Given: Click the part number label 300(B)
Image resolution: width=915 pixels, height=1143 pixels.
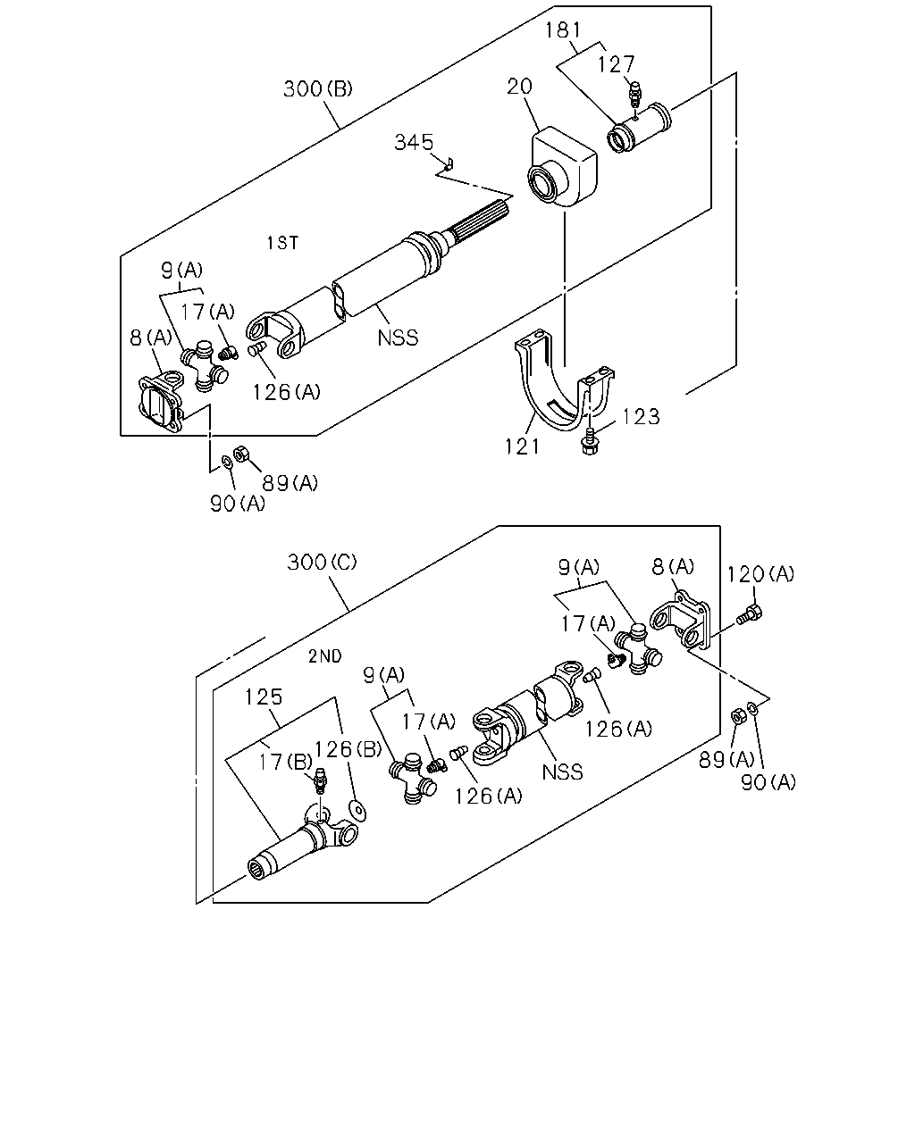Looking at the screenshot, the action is (317, 88).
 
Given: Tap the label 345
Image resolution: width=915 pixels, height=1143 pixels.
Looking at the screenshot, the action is (414, 142).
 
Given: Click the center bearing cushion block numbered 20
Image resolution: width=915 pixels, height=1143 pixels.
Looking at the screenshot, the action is (563, 166).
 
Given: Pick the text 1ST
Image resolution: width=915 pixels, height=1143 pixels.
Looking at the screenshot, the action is (282, 243).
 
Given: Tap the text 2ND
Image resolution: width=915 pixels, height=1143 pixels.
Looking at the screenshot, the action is (325, 656).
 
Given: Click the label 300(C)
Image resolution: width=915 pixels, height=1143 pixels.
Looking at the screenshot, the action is (322, 562).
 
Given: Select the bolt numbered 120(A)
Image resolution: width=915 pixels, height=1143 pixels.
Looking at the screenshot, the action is (750, 614).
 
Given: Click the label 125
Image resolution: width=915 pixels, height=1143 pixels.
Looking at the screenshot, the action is (264, 697).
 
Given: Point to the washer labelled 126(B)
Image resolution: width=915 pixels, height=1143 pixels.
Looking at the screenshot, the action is (357, 811).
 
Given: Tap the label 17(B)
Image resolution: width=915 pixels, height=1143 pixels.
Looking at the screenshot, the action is (284, 763).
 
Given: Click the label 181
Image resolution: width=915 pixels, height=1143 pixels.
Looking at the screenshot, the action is (563, 30).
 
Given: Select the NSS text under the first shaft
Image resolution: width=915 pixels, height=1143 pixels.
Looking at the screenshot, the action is (398, 338).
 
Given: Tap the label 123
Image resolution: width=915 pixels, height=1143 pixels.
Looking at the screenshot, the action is (641, 417).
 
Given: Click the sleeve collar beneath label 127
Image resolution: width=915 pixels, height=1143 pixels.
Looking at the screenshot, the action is (639, 129).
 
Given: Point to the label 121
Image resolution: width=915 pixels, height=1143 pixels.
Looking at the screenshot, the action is (522, 446).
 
